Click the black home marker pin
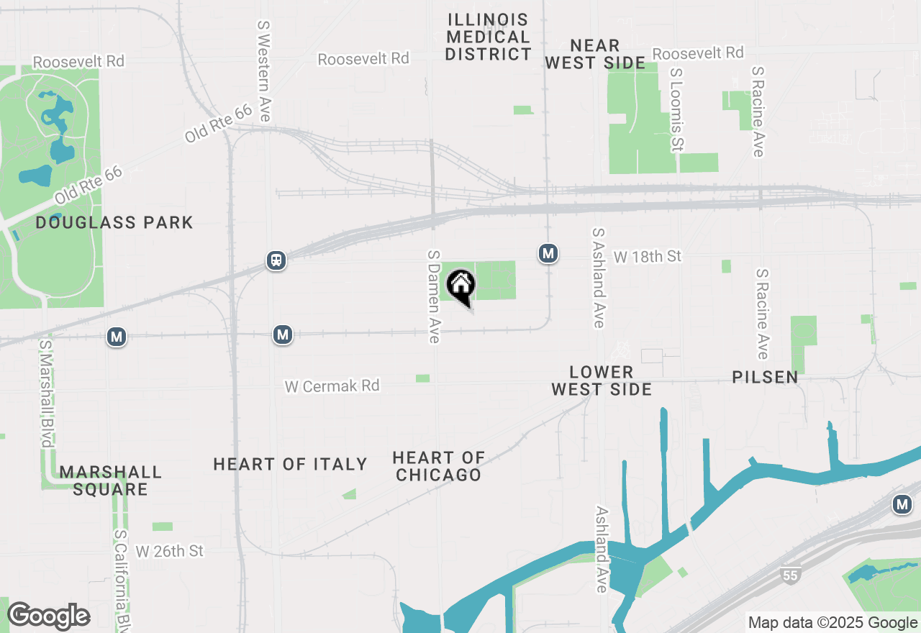pos(461,286)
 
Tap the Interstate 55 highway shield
pos(789,574)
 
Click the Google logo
pos(48,616)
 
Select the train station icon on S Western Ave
pos(276,260)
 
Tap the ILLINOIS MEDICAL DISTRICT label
pos(488,37)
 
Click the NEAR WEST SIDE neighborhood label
pos(594,55)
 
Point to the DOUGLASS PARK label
pos(114,222)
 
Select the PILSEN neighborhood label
pos(765,377)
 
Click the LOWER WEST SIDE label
pos(602,381)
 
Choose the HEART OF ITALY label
pos(290,464)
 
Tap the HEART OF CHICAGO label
pos(438,466)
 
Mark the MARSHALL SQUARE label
pos(111,481)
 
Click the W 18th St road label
pos(647,257)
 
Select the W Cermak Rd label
pos(332,386)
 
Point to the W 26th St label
pos(170,551)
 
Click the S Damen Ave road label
pos(433,296)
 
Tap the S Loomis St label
pos(676,110)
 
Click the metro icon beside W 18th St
pos(548,253)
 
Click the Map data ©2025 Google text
pos(832,623)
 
